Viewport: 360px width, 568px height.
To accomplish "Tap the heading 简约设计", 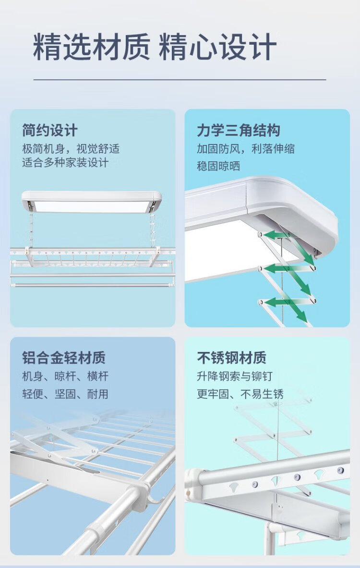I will point(50,130).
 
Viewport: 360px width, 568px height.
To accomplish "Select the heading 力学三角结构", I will point(239,130).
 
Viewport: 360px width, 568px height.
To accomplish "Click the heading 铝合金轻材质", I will point(63,358).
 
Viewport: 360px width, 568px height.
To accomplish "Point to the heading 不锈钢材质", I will point(231,358).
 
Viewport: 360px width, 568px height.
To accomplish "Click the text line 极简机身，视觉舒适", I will point(71,149).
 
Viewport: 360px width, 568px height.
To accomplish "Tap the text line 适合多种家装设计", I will point(65,162).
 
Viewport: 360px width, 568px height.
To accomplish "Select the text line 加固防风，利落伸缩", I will point(245,149).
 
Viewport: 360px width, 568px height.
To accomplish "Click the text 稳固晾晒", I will point(218,166).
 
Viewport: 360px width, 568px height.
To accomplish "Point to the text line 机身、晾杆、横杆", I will point(65,376).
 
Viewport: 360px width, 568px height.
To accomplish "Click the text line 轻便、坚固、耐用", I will point(65,394).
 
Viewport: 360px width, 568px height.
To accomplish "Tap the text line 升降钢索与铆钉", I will point(234,376).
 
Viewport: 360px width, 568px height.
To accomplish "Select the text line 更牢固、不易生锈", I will point(240,394).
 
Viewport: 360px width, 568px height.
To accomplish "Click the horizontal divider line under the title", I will point(180,79).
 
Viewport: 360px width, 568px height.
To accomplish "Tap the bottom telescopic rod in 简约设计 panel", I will point(91,285).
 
